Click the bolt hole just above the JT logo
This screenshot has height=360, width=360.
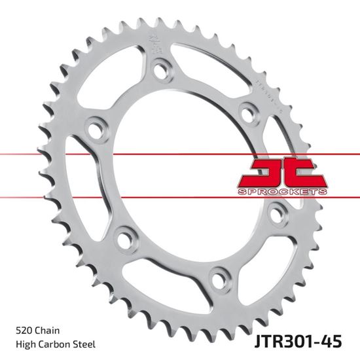point(247,111)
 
